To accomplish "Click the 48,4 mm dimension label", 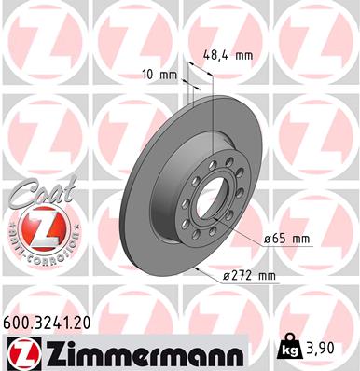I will click(x=228, y=55).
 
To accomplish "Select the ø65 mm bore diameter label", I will click(x=286, y=239).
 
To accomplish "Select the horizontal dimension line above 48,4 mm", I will click(x=201, y=68).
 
